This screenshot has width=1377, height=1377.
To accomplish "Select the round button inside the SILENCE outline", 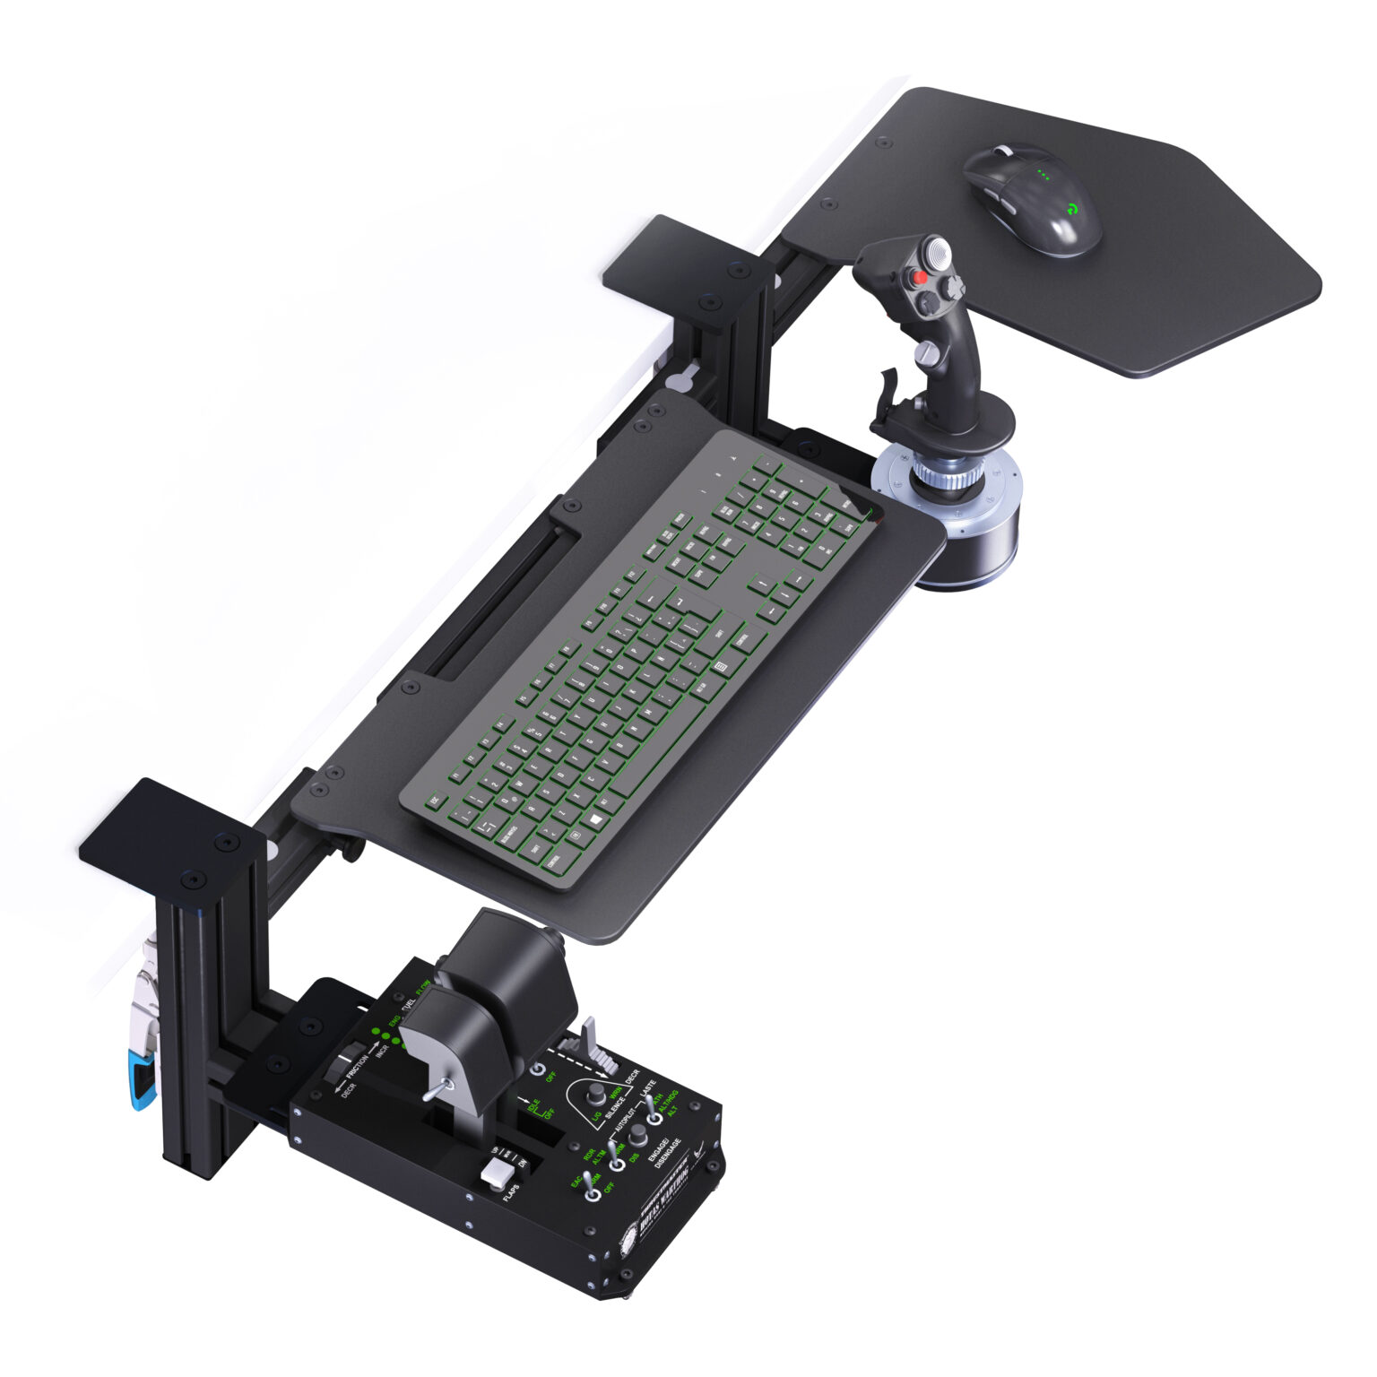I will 593,1096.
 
